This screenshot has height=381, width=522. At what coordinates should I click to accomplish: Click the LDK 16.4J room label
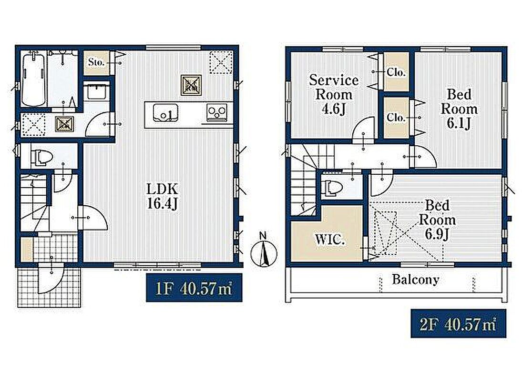[x=163, y=196]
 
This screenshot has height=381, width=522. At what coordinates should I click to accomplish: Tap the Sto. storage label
[x=96, y=62]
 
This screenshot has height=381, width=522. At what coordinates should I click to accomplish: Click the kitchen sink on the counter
[x=165, y=112]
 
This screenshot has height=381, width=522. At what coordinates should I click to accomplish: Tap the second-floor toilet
[x=333, y=188]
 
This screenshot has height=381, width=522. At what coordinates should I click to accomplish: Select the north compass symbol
[x=264, y=251]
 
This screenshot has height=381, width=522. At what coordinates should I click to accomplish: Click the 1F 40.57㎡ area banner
[x=194, y=288]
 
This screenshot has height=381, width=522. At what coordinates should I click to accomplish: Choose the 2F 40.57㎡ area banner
[x=459, y=323]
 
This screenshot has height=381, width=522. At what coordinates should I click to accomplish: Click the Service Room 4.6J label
[x=334, y=94]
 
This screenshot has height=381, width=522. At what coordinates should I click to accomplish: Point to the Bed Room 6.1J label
[x=459, y=109]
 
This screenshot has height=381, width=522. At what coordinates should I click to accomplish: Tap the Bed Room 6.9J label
[x=437, y=220]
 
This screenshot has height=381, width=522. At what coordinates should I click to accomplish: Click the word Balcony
[x=416, y=279]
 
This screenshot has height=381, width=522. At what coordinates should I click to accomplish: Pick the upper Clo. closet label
[x=396, y=72]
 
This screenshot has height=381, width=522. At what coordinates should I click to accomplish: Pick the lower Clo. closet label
[x=396, y=117]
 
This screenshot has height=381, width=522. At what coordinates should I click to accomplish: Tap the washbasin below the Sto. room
[x=97, y=91]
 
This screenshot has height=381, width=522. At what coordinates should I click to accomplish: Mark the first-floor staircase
[x=35, y=202]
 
